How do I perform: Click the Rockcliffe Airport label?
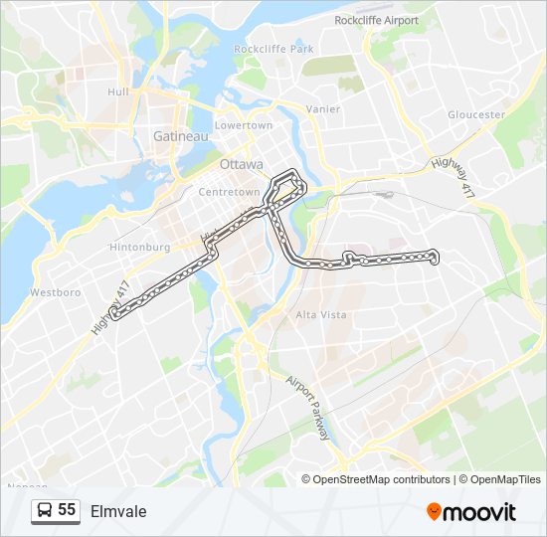point(377,20)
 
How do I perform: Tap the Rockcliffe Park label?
point(273,49)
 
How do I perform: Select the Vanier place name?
point(324,109)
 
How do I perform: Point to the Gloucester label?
point(476,115)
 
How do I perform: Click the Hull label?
point(119,92)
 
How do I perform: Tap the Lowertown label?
point(244,126)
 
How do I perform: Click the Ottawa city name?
point(242,164)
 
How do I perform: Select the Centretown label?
point(229,192)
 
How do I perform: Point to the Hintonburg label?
point(141,247)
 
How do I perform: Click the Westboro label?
point(55,293)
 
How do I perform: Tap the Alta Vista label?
point(320,315)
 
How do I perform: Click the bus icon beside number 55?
point(45,511)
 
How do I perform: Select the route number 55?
point(67,510)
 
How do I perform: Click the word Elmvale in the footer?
point(118,511)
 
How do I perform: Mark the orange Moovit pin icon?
point(434,512)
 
